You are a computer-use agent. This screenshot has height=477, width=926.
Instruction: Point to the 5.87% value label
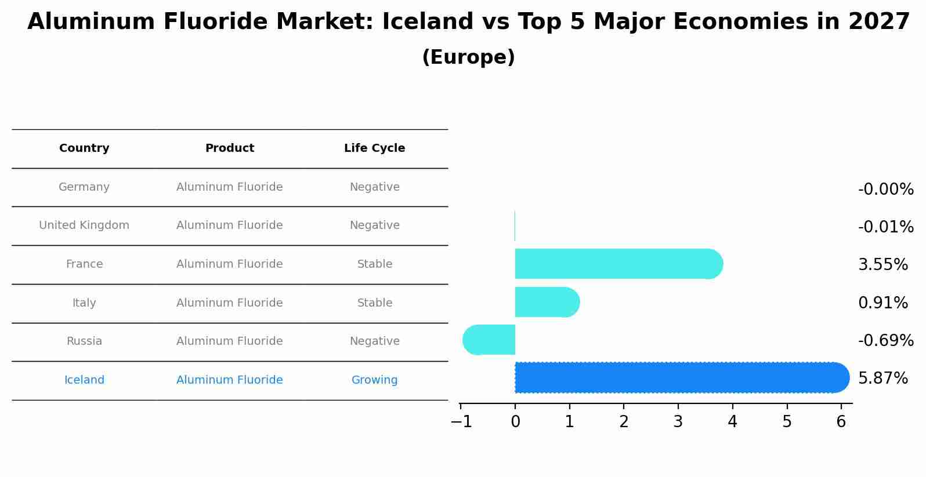coord(882,378)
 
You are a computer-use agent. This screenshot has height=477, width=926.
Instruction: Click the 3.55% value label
coord(882,265)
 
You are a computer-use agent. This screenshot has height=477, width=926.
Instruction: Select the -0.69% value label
coord(885,340)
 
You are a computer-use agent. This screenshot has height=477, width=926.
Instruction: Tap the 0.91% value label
coord(882,303)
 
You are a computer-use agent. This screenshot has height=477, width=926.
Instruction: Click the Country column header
coord(84,148)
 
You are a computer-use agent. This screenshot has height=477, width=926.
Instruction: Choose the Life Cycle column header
coord(374,148)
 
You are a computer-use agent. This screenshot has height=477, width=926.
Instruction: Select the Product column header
coord(230,148)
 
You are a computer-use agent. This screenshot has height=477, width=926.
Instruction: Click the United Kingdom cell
coord(84,225)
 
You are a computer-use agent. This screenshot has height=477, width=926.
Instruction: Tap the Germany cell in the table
coord(84,187)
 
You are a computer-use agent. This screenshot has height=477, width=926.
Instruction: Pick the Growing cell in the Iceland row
coord(374,380)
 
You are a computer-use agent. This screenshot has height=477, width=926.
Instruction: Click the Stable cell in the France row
coord(374,264)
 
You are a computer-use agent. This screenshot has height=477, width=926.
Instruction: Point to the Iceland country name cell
coord(84,380)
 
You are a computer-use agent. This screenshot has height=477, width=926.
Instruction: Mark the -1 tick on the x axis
coord(461,421)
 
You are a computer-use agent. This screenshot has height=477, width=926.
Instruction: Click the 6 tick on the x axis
coord(841,421)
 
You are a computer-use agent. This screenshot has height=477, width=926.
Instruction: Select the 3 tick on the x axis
coord(678,421)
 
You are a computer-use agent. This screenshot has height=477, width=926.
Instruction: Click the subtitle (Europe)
coord(468,57)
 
